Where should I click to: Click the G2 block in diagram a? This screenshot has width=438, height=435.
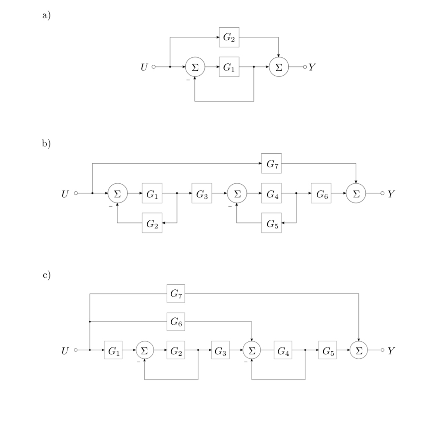tap(229, 37)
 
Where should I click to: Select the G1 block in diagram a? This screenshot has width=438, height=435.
tap(229, 67)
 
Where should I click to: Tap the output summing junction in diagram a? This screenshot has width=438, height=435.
tap(279, 67)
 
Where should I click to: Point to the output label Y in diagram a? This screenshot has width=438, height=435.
tap(312, 67)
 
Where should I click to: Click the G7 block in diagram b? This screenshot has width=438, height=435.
tap(271, 163)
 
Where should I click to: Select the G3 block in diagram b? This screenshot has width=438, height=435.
tap(202, 193)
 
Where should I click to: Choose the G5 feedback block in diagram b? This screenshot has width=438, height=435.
tap(271, 223)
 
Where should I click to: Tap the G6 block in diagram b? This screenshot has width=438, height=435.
tap(321, 193)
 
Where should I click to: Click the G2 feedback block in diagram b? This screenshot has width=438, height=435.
tap(152, 223)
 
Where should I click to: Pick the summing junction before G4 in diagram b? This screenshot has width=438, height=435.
tap(237, 193)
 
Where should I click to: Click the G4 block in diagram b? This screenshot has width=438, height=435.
tap(271, 193)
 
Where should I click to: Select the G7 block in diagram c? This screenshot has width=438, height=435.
tap(176, 293)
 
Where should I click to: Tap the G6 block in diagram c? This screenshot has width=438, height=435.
tap(176, 321)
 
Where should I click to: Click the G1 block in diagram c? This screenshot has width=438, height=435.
tap(113, 350)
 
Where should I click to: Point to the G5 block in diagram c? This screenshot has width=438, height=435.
tap(328, 350)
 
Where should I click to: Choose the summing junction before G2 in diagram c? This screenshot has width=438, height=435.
tap(145, 350)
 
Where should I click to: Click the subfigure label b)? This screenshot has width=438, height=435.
tap(46, 143)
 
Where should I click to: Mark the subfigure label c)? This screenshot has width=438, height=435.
tap(46, 274)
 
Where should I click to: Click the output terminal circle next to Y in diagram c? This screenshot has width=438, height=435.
tap(382, 350)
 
